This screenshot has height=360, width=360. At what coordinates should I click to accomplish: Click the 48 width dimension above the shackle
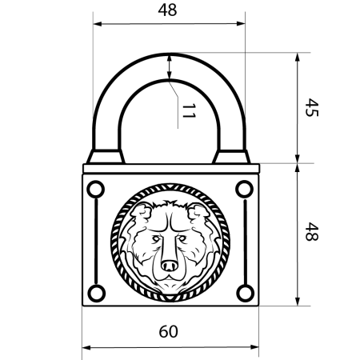point(167,10)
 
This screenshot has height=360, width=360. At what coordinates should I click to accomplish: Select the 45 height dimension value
point(313,108)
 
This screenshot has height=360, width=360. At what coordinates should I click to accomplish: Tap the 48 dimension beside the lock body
point(313,234)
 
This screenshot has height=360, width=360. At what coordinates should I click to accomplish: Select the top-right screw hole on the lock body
point(243,189)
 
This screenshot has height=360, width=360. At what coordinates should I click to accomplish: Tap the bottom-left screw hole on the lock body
point(96,292)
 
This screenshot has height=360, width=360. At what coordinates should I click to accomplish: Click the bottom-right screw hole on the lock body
point(243,292)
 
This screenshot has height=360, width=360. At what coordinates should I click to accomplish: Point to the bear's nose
point(170,264)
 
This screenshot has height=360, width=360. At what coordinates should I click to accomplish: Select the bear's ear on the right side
point(197,212)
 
